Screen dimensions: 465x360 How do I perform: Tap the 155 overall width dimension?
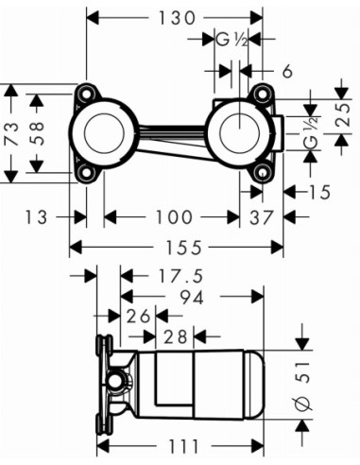click(178, 248)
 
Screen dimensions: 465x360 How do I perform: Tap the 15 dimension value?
click(319, 193)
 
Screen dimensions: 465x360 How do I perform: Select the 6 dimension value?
click(285, 72)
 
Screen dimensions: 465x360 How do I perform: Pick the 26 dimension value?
click(140, 315)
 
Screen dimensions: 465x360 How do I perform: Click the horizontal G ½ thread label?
click(231, 40)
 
